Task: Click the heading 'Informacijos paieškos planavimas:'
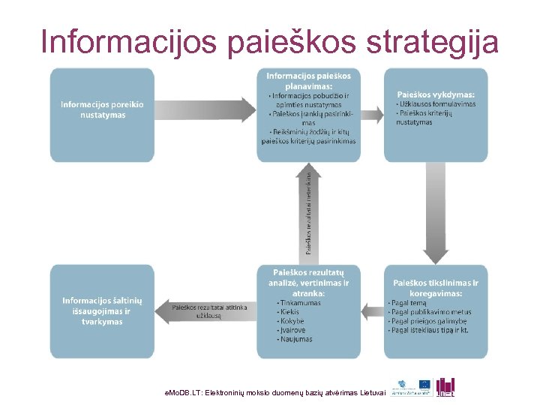pyautogui.click(x=308, y=81)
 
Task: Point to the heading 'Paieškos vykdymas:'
pyautogui.click(x=436, y=94)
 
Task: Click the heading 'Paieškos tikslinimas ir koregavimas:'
pyautogui.click(x=436, y=288)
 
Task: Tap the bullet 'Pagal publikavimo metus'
pyautogui.click(x=431, y=312)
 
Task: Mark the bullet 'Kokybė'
pyautogui.click(x=292, y=321)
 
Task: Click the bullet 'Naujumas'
pyautogui.click(x=295, y=339)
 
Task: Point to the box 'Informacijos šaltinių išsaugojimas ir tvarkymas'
pyautogui.click(x=102, y=310)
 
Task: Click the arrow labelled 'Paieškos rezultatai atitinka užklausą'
pyautogui.click(x=203, y=310)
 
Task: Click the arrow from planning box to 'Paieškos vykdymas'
pyautogui.click(x=372, y=109)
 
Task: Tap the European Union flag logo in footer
pyautogui.click(x=425, y=384)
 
